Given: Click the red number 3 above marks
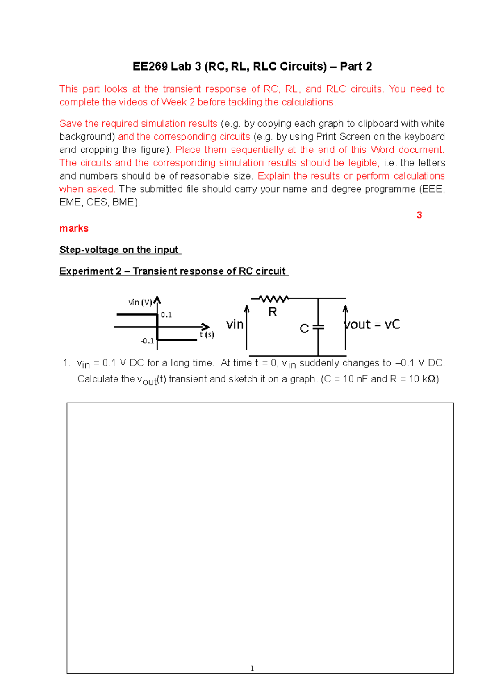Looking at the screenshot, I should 419,215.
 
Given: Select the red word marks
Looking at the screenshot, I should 74,228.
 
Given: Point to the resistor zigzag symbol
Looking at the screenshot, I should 273,298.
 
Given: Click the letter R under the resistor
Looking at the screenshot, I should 273,312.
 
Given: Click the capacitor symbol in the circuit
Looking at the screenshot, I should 318,327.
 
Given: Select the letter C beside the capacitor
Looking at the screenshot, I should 304,328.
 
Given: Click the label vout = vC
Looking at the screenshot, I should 372,324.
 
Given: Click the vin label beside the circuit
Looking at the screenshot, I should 235,324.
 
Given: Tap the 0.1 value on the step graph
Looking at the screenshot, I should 166,315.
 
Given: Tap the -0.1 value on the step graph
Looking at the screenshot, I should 147,341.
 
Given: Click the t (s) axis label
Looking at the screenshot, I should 207,334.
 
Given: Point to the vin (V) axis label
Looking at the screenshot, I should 140,302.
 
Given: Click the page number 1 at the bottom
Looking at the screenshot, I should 252,668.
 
